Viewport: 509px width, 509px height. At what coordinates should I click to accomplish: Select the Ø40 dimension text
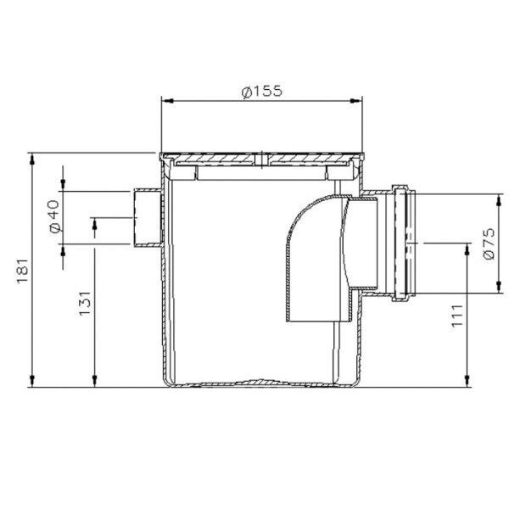53,216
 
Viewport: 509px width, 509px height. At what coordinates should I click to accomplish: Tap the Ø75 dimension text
486,243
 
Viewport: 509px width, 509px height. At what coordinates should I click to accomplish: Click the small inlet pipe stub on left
148,218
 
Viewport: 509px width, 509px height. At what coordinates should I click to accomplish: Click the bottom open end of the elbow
318,321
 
